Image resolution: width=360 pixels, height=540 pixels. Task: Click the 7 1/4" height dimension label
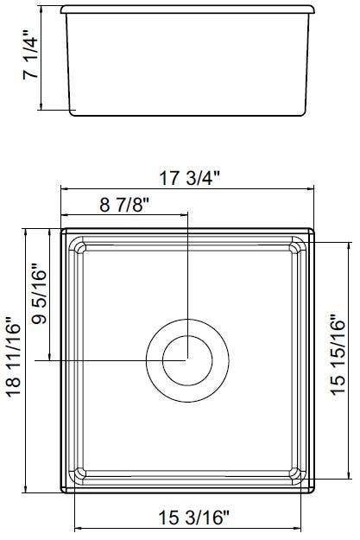click(x=30, y=55)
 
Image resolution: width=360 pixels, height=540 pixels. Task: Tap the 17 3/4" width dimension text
click(x=189, y=178)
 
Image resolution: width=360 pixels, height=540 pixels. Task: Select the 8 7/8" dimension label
click(x=124, y=205)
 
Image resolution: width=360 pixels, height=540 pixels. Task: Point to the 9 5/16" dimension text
click(x=39, y=294)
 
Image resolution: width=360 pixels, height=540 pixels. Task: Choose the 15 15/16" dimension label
click(x=338, y=355)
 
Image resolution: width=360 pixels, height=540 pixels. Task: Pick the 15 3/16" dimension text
click(x=193, y=518)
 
